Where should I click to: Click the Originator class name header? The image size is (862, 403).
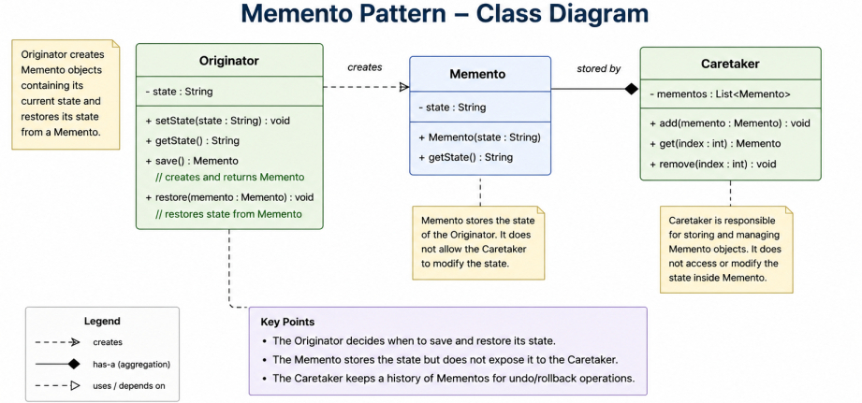(x=228, y=61)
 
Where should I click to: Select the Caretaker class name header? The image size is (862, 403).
(x=730, y=64)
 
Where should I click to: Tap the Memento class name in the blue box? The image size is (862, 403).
(x=477, y=74)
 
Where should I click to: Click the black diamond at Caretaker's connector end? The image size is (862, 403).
(x=631, y=89)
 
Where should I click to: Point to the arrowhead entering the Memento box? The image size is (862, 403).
(x=404, y=87)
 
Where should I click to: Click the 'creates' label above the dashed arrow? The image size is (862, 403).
(x=364, y=67)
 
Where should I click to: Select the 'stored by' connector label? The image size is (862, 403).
(x=599, y=68)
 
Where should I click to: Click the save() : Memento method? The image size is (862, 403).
(x=193, y=161)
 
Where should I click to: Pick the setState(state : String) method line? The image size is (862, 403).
(x=218, y=121)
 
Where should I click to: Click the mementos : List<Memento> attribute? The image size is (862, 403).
(x=720, y=94)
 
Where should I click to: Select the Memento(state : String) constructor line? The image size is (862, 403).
(x=480, y=137)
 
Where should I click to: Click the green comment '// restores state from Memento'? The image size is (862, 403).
(x=229, y=214)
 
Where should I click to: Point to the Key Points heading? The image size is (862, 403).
(x=287, y=322)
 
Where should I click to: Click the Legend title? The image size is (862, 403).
(x=102, y=322)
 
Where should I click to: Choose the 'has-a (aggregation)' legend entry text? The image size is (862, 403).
(x=131, y=364)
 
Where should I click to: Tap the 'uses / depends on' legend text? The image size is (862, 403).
(x=128, y=386)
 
